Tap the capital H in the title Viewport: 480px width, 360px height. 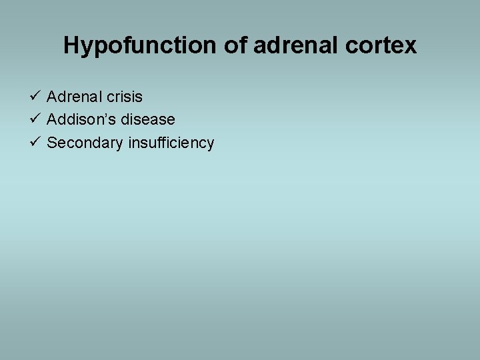[71, 45]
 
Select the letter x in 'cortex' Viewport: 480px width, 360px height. [411, 46]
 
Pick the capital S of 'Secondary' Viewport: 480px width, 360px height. [52, 143]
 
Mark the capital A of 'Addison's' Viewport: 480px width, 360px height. [52, 119]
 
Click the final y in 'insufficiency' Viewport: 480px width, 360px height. [210, 145]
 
